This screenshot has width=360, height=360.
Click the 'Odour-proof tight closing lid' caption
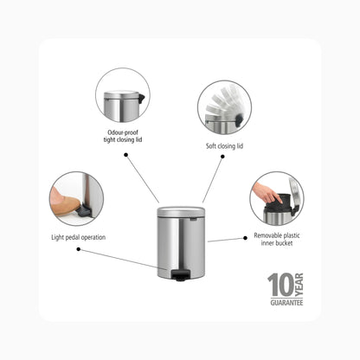(123, 136)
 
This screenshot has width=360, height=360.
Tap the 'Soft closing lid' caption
(224, 146)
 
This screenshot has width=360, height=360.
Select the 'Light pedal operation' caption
(78, 237)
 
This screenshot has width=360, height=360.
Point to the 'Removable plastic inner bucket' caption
(277, 239)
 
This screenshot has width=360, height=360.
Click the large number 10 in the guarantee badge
(280, 285)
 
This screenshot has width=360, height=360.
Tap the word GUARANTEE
(286, 303)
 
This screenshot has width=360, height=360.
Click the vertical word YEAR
(299, 285)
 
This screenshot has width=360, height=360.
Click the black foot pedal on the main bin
(179, 275)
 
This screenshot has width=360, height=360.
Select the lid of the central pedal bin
(181, 212)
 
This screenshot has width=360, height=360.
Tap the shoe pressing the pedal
(64, 203)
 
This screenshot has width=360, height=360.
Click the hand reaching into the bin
(266, 193)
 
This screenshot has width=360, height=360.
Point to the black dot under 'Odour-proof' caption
(125, 155)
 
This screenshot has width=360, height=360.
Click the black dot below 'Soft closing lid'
(222, 157)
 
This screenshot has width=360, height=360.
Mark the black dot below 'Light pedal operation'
(79, 249)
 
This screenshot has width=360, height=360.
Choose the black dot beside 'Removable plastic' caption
(245, 238)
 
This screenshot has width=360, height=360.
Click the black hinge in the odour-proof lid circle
(141, 99)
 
